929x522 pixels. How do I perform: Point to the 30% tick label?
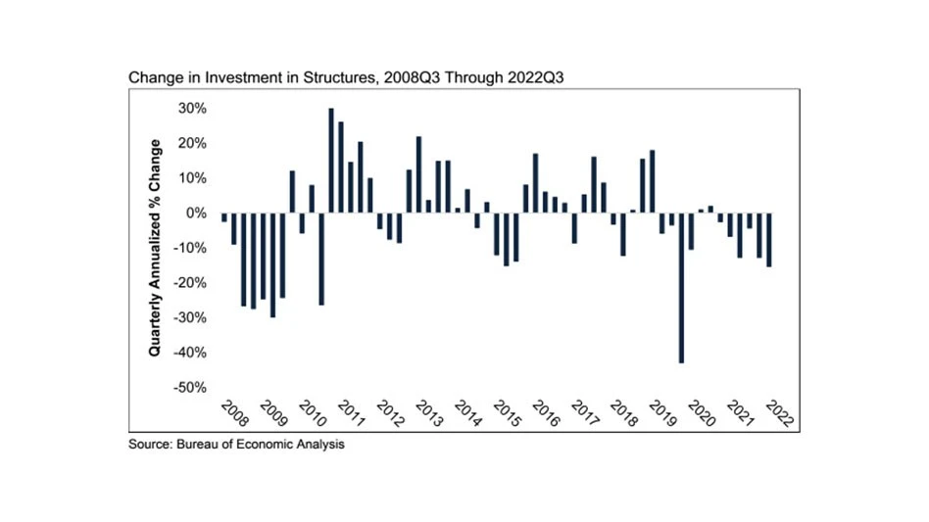pyautogui.click(x=192, y=109)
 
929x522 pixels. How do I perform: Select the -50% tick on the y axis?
pyautogui.click(x=189, y=388)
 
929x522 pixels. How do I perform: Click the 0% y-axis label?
pyautogui.click(x=196, y=214)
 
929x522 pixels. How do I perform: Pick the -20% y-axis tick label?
pyautogui.click(x=189, y=283)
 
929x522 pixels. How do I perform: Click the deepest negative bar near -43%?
pyautogui.click(x=681, y=288)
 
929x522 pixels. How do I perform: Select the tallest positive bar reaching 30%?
pyautogui.click(x=331, y=161)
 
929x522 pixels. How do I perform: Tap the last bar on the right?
pyautogui.click(x=769, y=240)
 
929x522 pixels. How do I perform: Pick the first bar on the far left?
pyautogui.click(x=223, y=217)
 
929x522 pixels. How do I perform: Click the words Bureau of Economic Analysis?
pyautogui.click(x=261, y=446)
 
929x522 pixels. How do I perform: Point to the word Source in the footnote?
pyautogui.click(x=150, y=446)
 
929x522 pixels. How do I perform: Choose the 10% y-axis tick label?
pyautogui.click(x=192, y=178)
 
